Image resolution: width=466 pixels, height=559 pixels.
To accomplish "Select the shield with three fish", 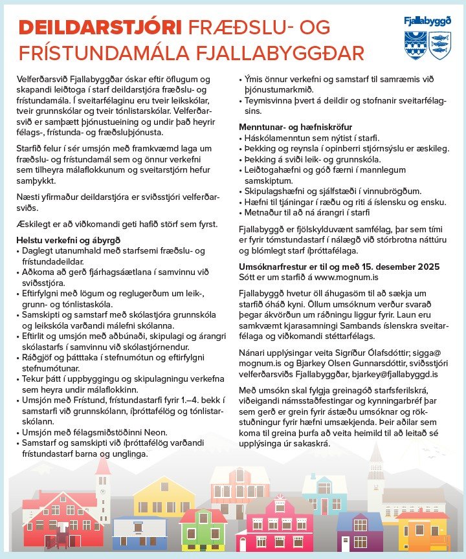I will (x=439, y=45).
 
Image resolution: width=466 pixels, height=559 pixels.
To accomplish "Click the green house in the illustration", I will (x=203, y=527).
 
